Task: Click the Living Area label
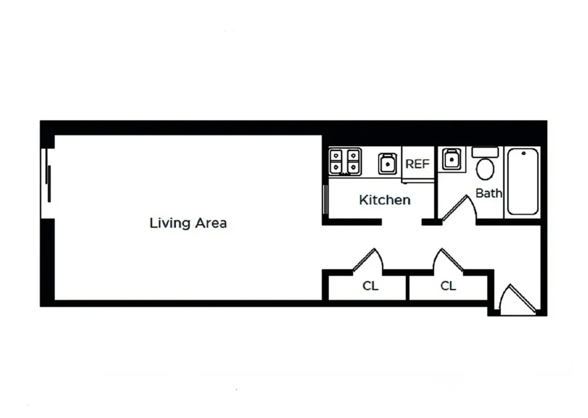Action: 188,223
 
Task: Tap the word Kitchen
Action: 384,200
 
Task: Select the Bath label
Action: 488,193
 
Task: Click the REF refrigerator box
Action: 417,164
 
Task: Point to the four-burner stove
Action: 345,162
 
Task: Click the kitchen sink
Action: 387,164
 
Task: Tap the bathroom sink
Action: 451,159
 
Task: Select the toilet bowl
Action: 485,169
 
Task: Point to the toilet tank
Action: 485,152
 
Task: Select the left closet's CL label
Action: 370,286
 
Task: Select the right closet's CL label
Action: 448,286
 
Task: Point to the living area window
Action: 48,184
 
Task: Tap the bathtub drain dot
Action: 523,153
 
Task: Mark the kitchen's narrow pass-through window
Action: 325,200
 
